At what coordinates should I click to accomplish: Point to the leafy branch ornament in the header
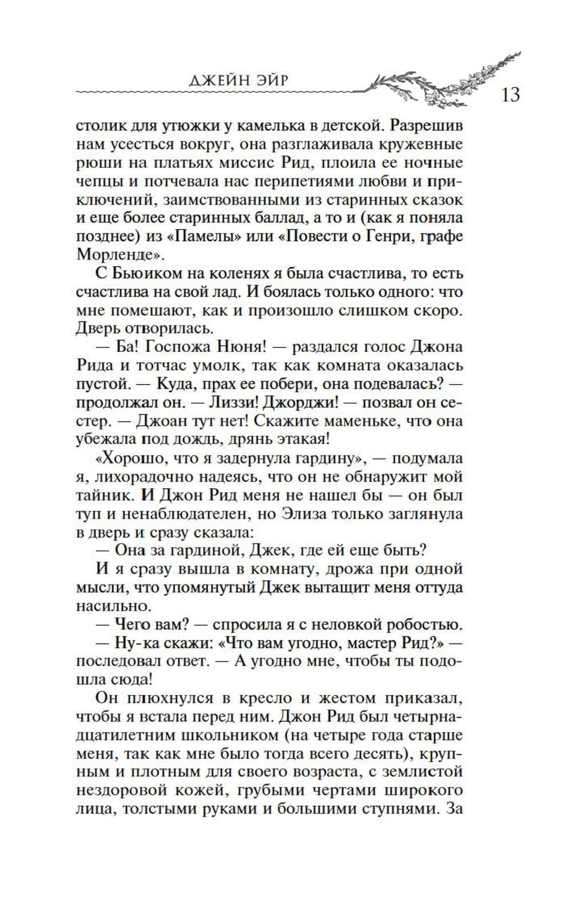pos(440,77)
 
